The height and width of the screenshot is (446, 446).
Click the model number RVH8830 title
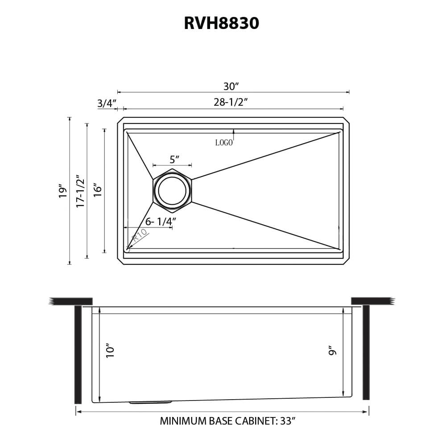[x=221, y=23]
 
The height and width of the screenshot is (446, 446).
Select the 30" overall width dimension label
[x=231, y=86]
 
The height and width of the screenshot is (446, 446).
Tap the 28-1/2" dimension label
[x=231, y=102]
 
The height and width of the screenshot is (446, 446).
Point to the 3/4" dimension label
[x=107, y=103]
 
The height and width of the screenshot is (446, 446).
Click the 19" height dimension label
[x=62, y=191]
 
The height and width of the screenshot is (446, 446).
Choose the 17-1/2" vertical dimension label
[x=80, y=191]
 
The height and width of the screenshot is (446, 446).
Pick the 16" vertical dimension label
[x=98, y=190]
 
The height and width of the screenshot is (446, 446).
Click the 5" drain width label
[x=174, y=159]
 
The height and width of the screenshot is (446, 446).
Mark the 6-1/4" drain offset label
[x=161, y=221]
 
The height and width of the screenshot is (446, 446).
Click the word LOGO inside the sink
[x=224, y=143]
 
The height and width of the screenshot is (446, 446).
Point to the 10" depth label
[x=111, y=350]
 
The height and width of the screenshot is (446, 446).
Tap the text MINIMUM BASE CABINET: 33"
[x=228, y=421]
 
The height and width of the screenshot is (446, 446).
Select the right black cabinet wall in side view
[x=366, y=352]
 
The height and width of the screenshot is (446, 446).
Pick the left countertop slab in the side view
[x=71, y=301]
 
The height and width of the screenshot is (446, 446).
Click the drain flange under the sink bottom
[x=150, y=402]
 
